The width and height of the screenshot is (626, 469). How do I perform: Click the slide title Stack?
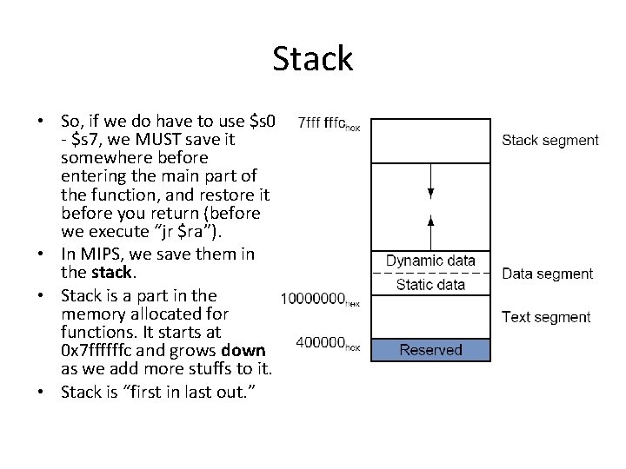point(312,59)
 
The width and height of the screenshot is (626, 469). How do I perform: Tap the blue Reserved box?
point(430,350)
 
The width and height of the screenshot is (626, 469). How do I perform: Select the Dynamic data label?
point(430,261)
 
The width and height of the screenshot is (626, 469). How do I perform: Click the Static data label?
point(430,284)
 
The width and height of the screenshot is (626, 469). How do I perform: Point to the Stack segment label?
point(550,140)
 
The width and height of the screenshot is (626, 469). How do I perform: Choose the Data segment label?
point(548,274)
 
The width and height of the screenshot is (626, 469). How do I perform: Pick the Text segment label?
point(546,317)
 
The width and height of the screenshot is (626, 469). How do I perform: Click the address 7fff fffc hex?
point(329,123)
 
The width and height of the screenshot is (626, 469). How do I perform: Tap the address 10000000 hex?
point(320,299)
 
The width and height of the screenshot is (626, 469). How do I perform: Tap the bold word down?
point(244,350)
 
